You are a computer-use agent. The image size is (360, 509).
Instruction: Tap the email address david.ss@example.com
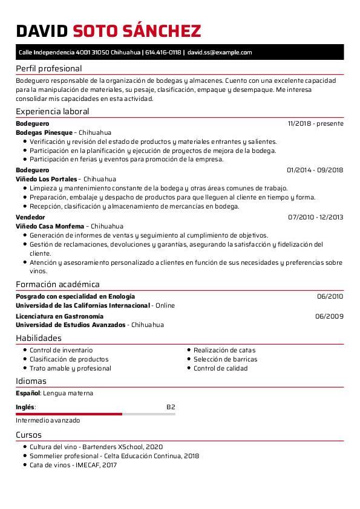(220, 53)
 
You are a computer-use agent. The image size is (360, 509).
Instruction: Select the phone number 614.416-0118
(163, 53)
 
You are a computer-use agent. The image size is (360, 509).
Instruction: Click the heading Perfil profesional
(48, 68)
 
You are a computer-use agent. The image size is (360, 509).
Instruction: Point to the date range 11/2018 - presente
(316, 123)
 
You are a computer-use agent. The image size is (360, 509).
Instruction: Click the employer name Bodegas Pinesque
(44, 132)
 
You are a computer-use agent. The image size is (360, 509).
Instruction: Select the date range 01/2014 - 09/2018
(315, 170)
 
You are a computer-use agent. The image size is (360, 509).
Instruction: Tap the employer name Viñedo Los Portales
(47, 179)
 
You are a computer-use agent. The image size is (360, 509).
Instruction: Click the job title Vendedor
(30, 217)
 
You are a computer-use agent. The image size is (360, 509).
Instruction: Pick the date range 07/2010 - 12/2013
(315, 217)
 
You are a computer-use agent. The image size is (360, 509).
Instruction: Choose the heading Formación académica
(57, 284)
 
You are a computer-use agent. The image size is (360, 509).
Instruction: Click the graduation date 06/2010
(330, 296)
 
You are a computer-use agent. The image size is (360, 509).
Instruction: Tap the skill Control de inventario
(61, 350)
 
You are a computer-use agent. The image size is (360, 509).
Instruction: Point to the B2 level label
(171, 407)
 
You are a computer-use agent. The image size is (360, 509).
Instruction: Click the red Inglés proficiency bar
(69, 414)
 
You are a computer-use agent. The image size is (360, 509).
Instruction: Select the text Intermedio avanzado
(48, 420)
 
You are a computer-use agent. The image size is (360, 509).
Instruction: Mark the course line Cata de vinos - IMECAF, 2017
(73, 465)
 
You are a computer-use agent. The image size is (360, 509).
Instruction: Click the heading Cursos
(28, 435)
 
